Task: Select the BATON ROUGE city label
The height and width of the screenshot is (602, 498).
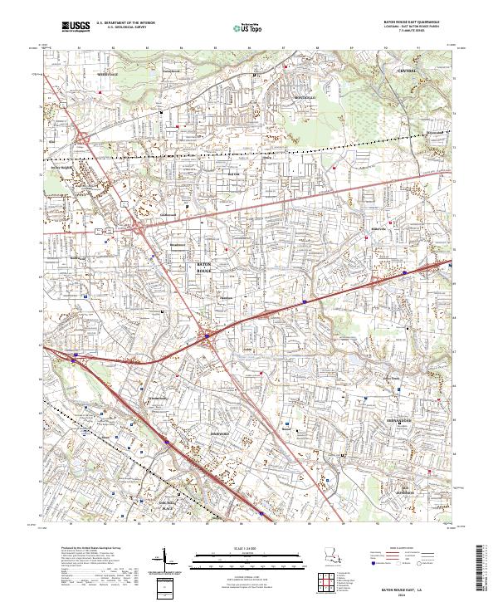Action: pos(204,268)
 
